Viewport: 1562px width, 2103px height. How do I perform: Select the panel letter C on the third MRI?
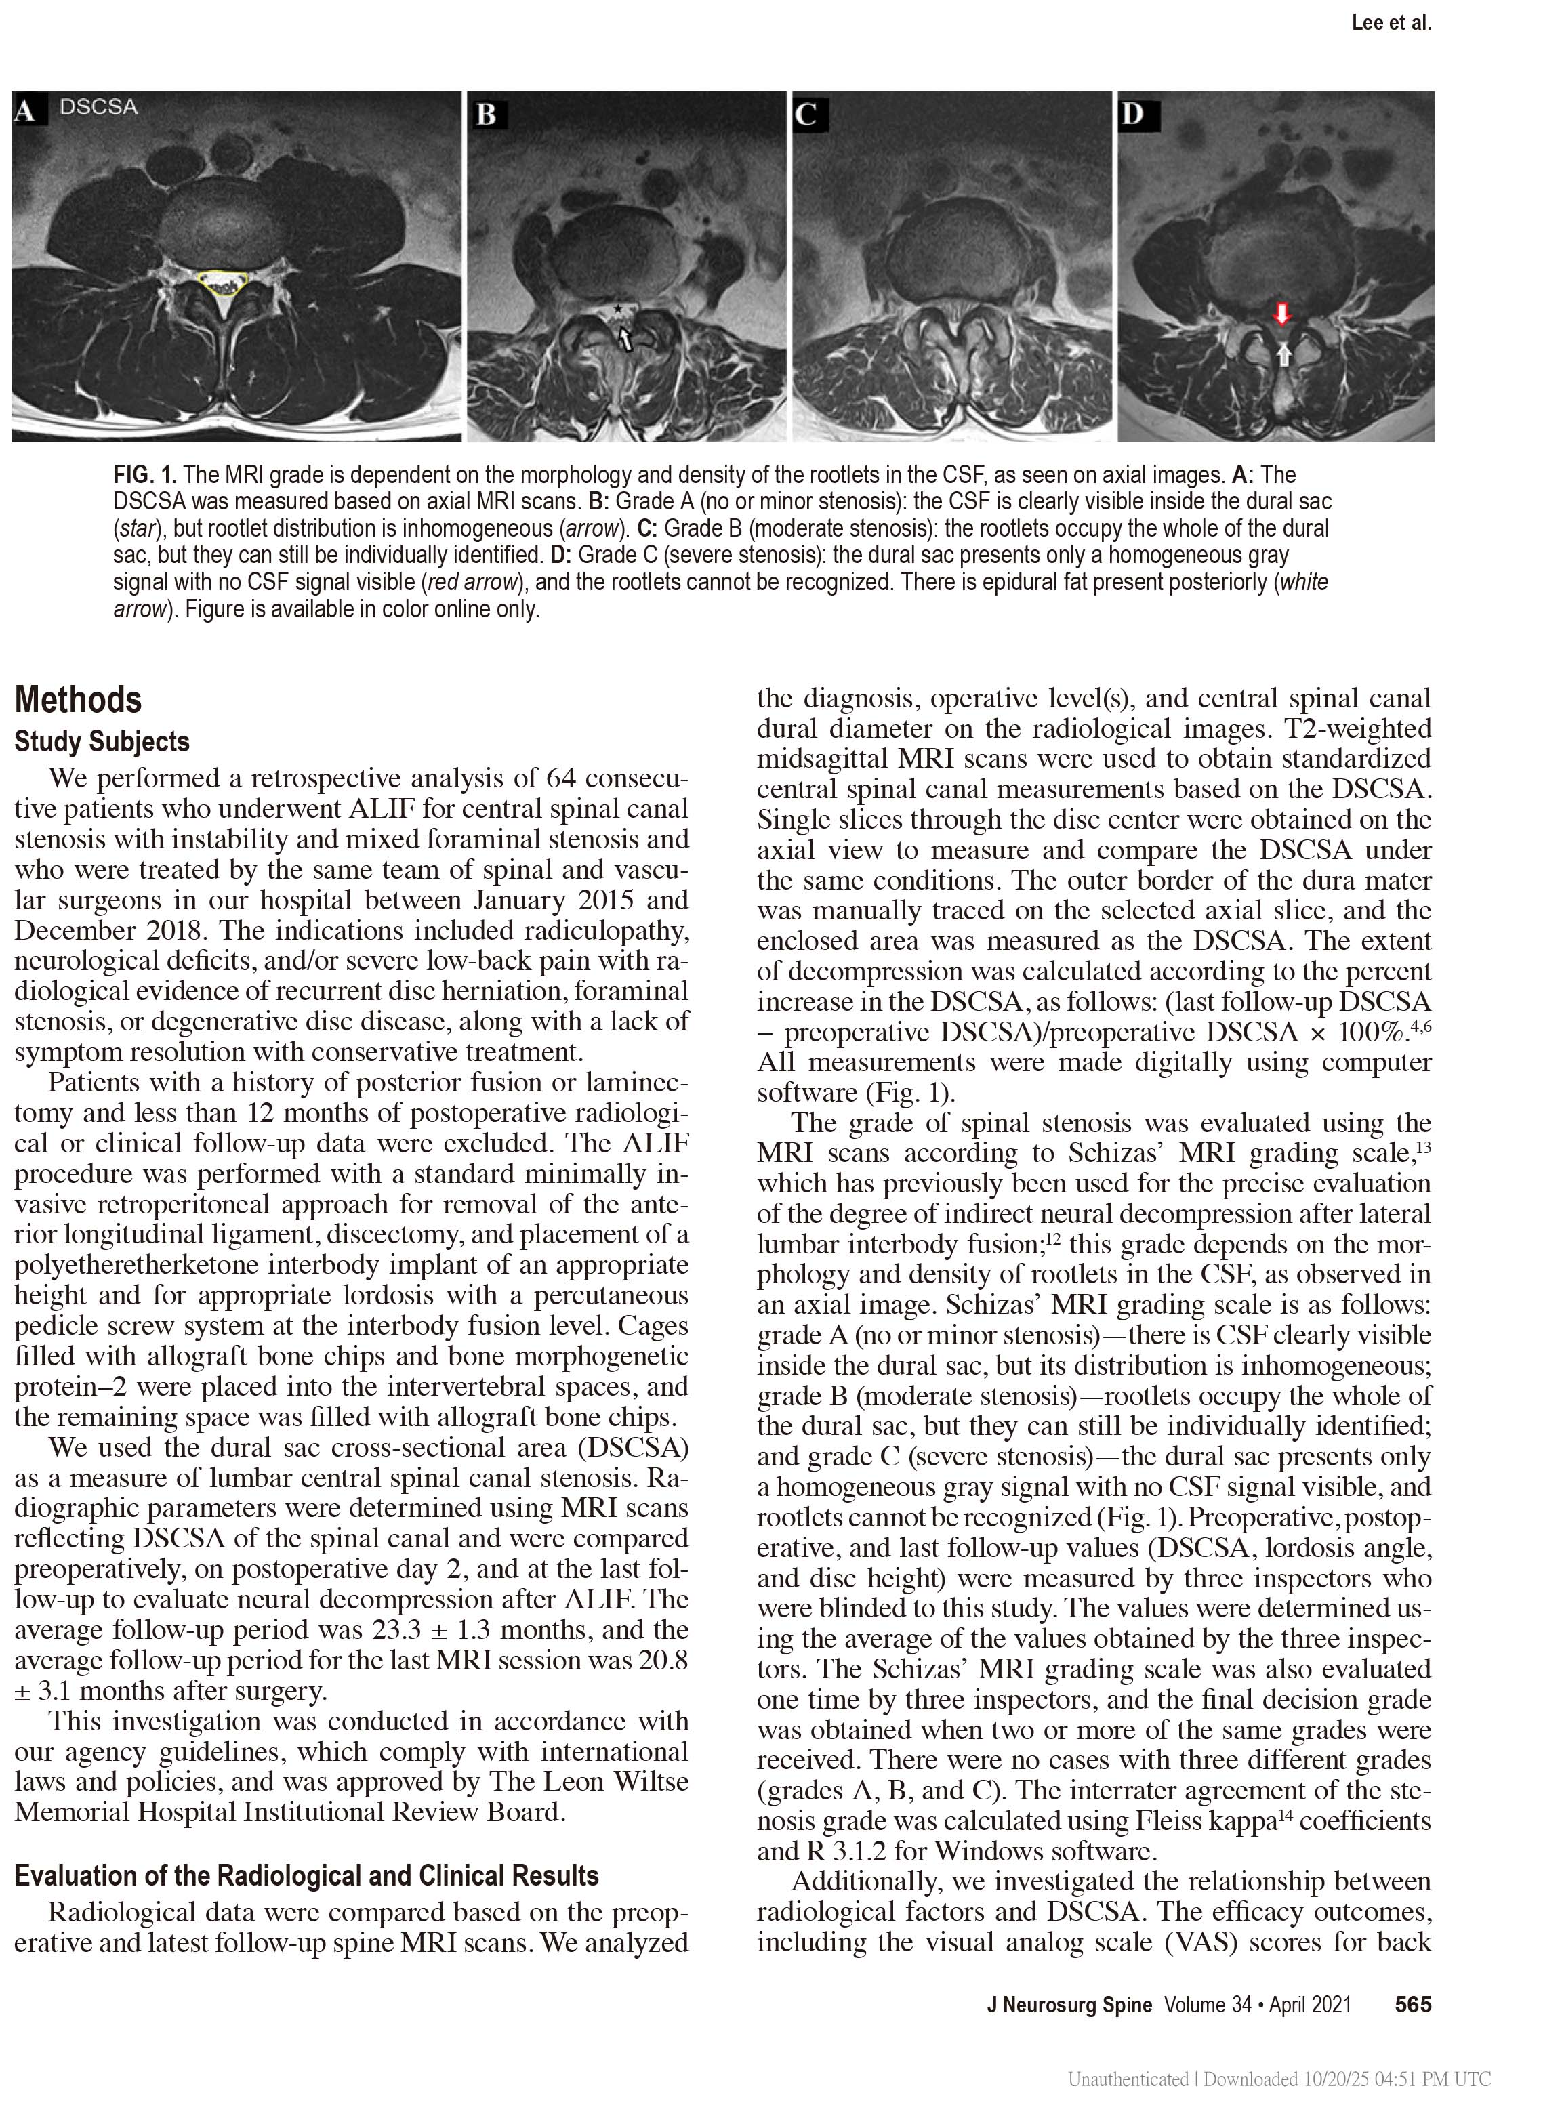pyautogui.click(x=806, y=115)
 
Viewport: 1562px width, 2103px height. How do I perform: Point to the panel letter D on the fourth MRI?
pyautogui.click(x=1133, y=115)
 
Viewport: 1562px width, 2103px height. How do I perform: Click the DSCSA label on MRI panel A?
pyautogui.click(x=98, y=108)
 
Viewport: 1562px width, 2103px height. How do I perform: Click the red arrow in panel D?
pyautogui.click(x=1281, y=314)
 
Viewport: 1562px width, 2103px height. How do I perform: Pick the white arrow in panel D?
pyautogui.click(x=1282, y=354)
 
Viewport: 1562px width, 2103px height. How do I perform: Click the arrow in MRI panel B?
pyautogui.click(x=625, y=337)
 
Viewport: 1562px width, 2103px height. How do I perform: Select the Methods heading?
pyautogui.click(x=79, y=701)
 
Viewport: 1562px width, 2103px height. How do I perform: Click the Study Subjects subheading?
pyautogui.click(x=102, y=742)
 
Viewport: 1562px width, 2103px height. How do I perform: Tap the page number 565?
pyautogui.click(x=1413, y=2005)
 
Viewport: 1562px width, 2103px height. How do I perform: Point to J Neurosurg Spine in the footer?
pyautogui.click(x=1069, y=2005)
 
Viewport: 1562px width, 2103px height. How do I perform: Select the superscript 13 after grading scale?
pyautogui.click(x=1423, y=1148)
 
